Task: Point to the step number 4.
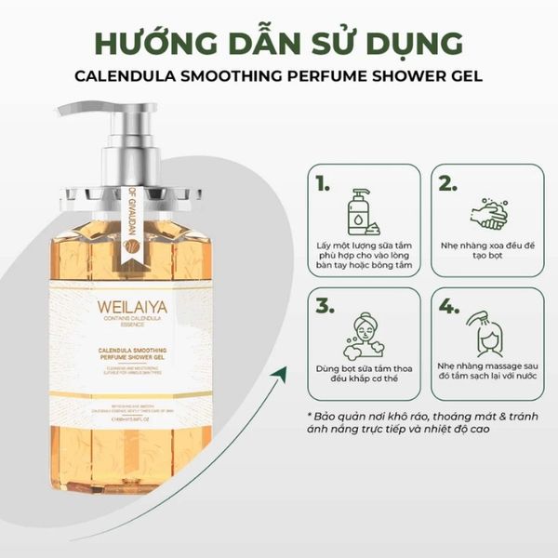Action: click(x=448, y=306)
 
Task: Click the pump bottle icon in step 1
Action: click(x=363, y=213)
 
